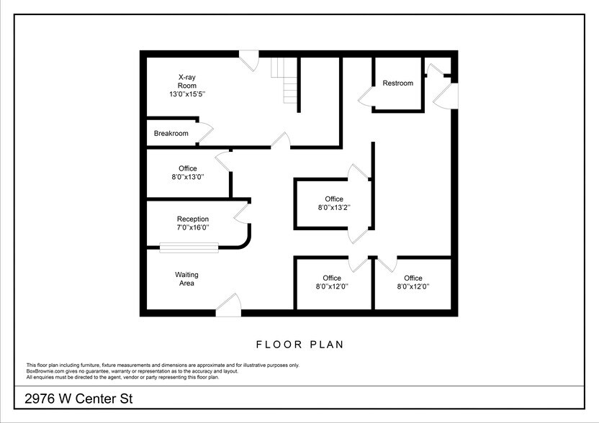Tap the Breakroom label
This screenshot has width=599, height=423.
171,134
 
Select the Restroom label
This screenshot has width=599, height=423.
397,83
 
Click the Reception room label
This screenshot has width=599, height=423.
193,219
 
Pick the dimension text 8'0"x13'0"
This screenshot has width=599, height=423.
188,178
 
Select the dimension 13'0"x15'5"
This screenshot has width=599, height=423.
188,94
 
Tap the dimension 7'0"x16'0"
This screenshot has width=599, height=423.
193,229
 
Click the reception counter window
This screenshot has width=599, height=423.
189,248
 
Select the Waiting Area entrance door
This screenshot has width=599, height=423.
229,306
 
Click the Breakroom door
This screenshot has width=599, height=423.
206,132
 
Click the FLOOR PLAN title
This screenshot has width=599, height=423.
299,345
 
